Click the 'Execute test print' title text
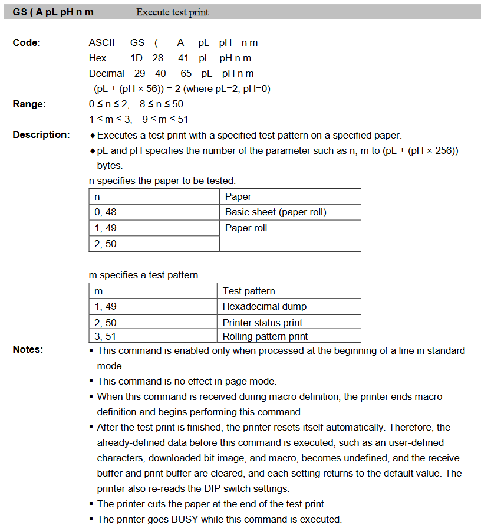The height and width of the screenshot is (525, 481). [172, 12]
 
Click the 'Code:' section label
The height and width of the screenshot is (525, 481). [27, 43]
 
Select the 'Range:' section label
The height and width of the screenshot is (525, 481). [29, 104]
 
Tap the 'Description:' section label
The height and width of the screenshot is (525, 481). [41, 135]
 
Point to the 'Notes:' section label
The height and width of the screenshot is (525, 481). [28, 350]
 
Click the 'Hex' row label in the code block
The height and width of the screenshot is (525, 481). [97, 58]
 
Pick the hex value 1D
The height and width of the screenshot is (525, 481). [137, 58]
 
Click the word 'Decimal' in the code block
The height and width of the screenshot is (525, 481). [106, 74]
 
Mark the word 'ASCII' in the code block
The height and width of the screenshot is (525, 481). [102, 43]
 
